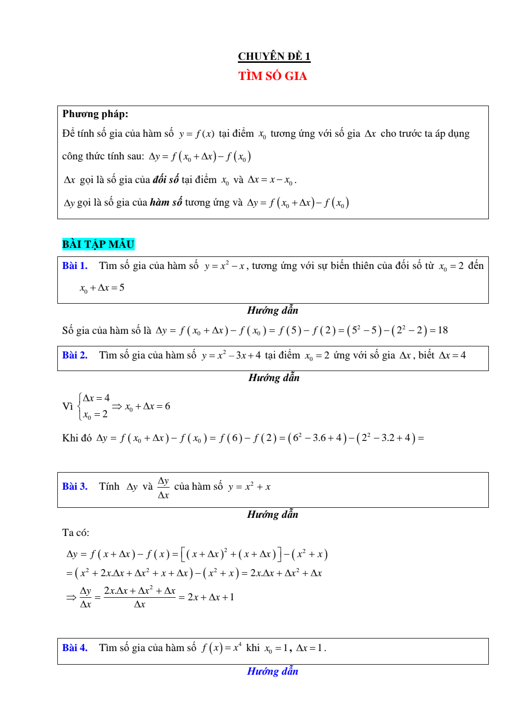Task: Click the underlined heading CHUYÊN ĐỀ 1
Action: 274,56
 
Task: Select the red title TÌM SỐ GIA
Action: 273,76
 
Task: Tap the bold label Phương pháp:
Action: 95,114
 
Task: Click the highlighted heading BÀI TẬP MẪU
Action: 98,244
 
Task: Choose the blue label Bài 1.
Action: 75,266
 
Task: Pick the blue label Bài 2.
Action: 75,355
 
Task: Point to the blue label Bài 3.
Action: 75,487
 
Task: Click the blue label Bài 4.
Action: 75,648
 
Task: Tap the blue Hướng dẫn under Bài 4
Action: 273,672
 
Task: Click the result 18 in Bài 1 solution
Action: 443,330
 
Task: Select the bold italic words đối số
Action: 166,180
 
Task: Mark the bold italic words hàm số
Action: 166,203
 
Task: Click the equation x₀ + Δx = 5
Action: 102,288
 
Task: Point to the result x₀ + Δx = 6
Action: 147,406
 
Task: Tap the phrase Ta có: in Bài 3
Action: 75,533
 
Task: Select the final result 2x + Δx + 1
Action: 211,597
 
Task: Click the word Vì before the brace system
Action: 67,406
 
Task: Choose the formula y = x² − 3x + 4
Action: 231,355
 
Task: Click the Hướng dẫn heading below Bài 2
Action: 274,378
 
